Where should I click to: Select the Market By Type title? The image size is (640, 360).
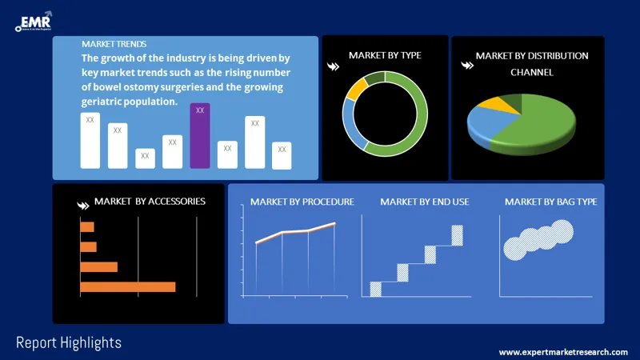coord(385,55)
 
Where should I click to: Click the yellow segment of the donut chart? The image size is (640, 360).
coord(355,88)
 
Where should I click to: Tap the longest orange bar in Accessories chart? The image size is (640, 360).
coord(127,286)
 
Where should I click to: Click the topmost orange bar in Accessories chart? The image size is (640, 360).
coord(86,227)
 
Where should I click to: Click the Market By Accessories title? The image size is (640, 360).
coord(150,202)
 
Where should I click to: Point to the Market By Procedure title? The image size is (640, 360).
coord(302,202)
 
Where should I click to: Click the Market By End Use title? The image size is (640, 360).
coord(424,202)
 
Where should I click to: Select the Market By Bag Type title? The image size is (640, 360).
coord(550,202)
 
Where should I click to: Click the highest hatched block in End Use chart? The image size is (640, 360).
coord(457,235)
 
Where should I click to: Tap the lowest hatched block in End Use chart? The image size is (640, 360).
coord(375,289)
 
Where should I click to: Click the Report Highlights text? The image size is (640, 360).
coord(69,342)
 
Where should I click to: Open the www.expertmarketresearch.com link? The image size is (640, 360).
coord(563,352)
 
